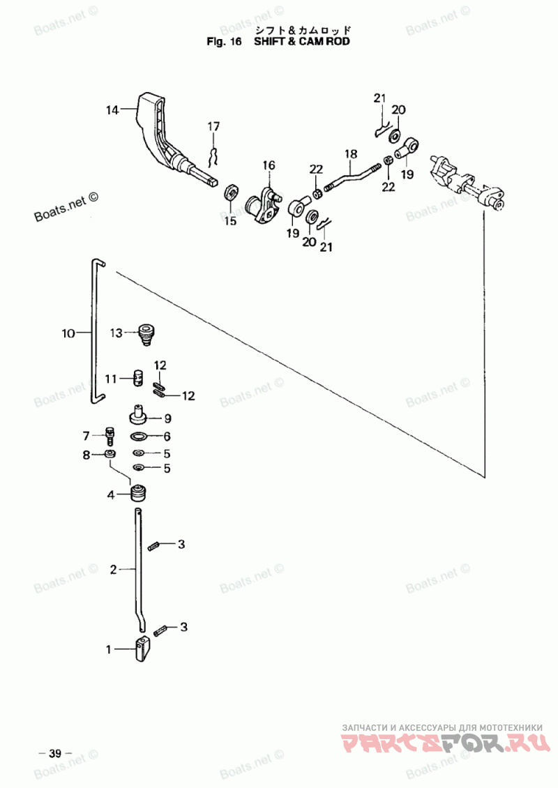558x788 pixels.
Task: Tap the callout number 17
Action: (213, 126)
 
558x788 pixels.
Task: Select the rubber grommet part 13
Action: (146, 334)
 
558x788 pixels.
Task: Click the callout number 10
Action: (68, 333)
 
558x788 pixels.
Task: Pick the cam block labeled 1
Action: (143, 649)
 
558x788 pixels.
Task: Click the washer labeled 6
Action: (139, 437)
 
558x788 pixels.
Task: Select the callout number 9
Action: (167, 418)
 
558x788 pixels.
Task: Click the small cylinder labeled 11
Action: (138, 378)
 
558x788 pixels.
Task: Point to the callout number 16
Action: (269, 165)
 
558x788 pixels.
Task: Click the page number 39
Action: (55, 754)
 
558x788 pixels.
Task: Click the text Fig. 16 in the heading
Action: (224, 41)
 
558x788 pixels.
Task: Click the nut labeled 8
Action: (110, 454)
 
